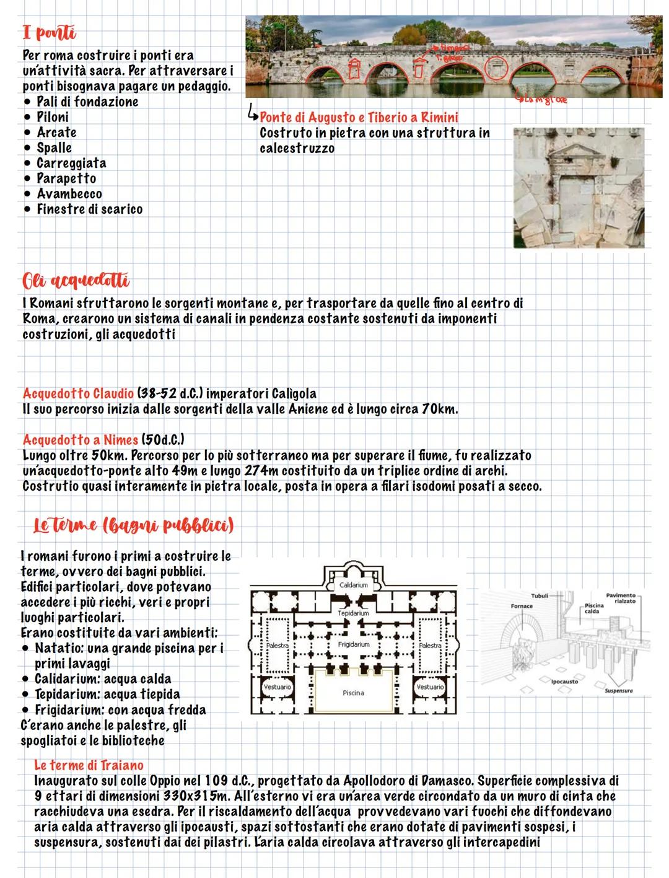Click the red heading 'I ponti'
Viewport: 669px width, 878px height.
[49, 32]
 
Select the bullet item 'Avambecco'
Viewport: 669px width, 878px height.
[69, 194]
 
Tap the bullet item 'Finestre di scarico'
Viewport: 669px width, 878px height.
[89, 209]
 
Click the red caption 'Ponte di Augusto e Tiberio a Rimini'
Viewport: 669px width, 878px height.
[359, 118]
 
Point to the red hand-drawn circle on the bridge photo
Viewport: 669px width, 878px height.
[495, 69]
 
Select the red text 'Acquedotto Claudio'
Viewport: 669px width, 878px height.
[78, 393]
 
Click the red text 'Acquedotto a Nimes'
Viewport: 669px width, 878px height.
[81, 440]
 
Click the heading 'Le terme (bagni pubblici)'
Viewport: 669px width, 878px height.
[133, 525]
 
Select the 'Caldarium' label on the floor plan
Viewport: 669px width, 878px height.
[354, 585]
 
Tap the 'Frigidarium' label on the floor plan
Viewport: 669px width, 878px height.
[354, 644]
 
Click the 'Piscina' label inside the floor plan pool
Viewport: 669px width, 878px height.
[353, 693]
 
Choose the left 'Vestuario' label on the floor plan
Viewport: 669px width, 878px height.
[277, 687]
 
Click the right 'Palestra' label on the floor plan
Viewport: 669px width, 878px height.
[430, 646]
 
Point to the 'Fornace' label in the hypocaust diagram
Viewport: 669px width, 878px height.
[522, 606]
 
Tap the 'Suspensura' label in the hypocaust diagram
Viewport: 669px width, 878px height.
[618, 690]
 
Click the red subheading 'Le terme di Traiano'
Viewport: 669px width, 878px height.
[89, 765]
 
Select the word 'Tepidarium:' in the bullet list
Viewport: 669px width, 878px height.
[67, 695]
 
